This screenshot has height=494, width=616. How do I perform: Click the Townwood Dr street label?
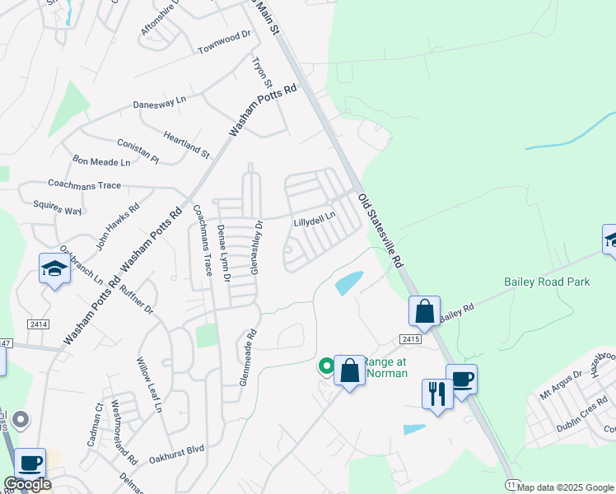pos(223,43)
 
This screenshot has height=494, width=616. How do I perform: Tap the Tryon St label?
pos(262,72)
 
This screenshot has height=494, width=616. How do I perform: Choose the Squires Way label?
pos(58,206)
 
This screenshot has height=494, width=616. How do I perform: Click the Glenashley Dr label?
pos(255,246)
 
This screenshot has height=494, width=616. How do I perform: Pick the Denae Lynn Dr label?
pos(223,253)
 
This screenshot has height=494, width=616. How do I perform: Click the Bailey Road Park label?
pos(547,282)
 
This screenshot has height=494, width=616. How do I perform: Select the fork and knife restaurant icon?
pos(436,392)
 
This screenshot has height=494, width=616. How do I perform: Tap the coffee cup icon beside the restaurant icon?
pos(461,379)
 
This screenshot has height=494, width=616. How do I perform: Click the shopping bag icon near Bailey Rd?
pos(424,311)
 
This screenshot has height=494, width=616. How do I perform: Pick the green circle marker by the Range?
pos(326,366)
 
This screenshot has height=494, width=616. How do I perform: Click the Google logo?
pos(26,484)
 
